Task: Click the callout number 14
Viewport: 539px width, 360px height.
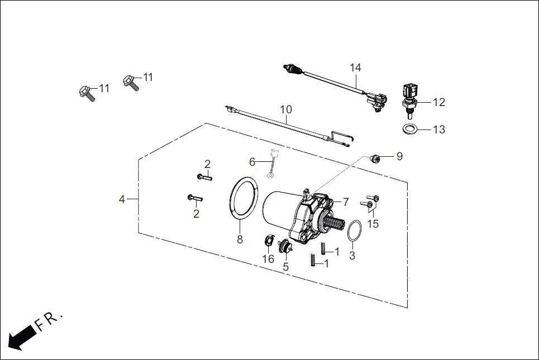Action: pos(356,68)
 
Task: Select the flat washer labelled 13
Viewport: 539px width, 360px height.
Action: pos(410,129)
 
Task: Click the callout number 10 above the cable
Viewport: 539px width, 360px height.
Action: pos(285,110)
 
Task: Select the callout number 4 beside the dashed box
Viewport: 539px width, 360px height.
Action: pos(122,199)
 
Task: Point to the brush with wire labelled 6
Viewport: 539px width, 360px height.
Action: pos(272,163)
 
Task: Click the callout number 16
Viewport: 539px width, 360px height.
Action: pos(268,259)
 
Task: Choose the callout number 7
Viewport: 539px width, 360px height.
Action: pos(346,201)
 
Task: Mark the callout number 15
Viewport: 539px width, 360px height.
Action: pos(373,224)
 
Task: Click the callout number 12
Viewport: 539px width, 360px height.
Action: pos(438,102)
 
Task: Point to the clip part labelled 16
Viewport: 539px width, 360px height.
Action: pos(269,242)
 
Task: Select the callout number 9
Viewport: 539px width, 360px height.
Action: pos(399,157)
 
